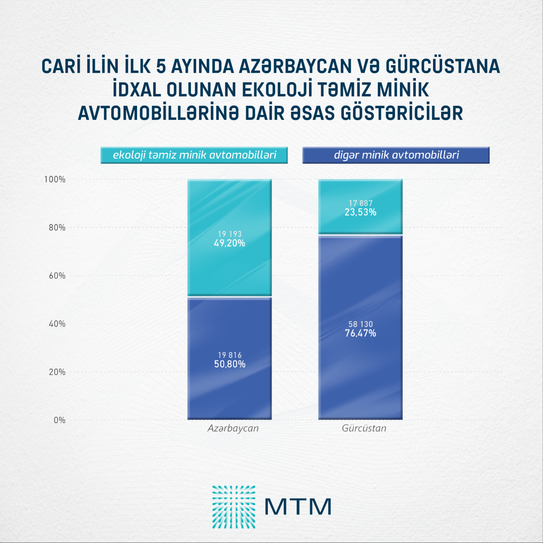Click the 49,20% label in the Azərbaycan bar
229,243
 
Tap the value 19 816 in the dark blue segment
229,355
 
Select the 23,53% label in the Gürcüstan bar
360,212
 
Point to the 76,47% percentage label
360,333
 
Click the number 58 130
360,324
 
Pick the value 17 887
360,203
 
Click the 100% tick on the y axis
55,180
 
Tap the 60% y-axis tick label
57,276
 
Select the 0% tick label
59,420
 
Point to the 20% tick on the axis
57,372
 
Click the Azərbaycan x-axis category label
233,428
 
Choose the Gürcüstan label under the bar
364,428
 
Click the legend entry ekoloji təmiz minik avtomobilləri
195,155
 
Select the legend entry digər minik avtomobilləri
396,155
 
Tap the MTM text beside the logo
298,507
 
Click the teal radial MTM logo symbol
233,507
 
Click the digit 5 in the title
161,67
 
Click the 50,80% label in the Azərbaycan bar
229,364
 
